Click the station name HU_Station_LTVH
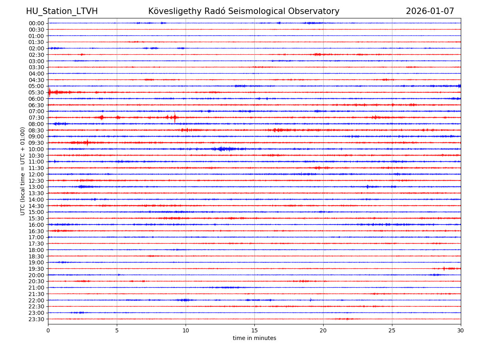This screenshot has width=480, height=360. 62,12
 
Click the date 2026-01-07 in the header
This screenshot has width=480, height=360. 430,12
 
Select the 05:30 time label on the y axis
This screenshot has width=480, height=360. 36,92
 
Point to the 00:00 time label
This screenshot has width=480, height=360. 36,23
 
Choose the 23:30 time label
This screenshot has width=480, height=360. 36,319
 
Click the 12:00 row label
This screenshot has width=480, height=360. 36,174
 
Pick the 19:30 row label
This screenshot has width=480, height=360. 36,269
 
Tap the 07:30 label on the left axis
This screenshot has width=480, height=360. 36,118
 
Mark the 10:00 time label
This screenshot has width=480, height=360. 36,149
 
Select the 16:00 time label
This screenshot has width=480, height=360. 36,225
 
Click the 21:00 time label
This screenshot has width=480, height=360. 36,288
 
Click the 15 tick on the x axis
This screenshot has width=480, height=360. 254,331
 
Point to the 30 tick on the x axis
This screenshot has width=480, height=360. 461,331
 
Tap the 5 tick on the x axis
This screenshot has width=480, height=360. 117,331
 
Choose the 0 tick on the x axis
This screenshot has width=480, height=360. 48,331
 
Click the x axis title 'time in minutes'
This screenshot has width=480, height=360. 254,338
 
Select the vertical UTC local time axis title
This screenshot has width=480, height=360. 23,171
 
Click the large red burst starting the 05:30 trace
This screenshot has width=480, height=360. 50,92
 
